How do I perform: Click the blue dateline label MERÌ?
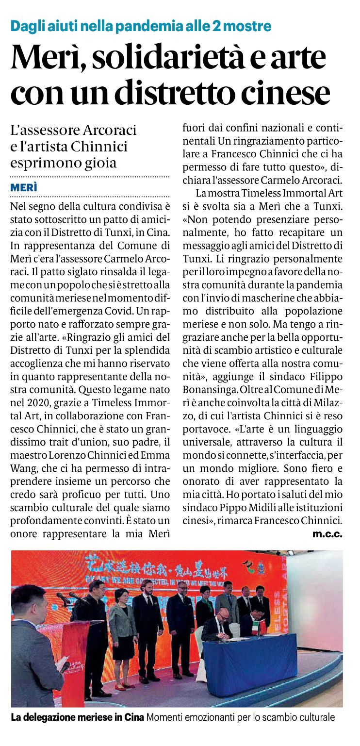(24, 188)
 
